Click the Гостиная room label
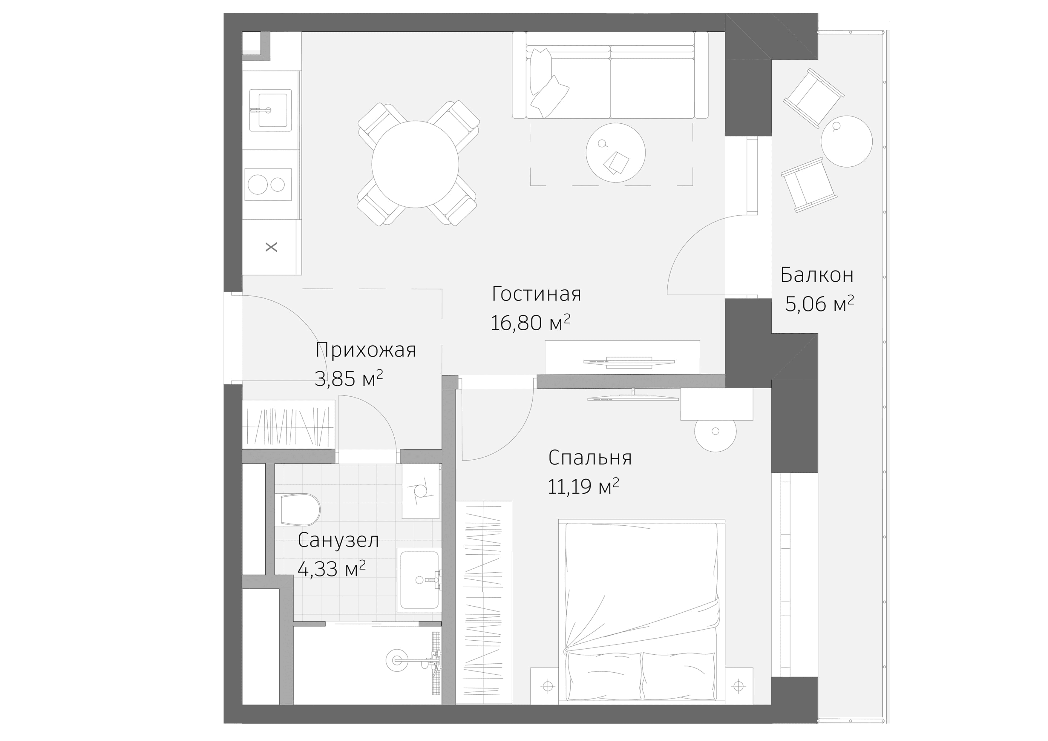point(536,294)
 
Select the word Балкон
point(816,275)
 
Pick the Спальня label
point(590,458)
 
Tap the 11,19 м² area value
point(583,487)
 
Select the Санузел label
point(338,540)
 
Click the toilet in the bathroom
point(300,509)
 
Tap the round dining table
point(415,164)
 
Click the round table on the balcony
point(846,141)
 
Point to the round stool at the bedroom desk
point(715,431)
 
